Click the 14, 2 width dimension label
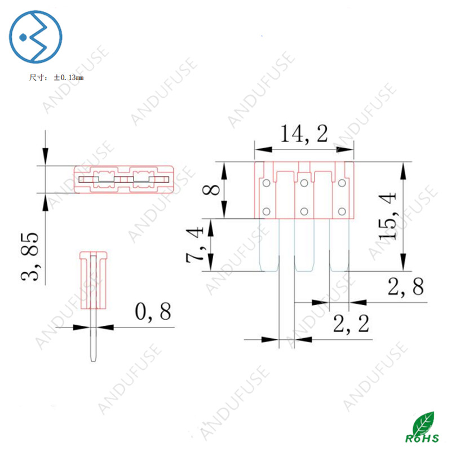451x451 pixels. (304, 134)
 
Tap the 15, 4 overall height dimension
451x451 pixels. (387, 216)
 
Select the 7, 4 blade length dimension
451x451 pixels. (195, 245)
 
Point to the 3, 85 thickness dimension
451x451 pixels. (30, 257)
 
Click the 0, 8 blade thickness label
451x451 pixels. (153, 312)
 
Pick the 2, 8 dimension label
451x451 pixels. (405, 286)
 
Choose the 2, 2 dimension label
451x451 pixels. (351, 324)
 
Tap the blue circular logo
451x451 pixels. (36, 37)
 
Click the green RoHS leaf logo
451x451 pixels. (422, 427)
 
